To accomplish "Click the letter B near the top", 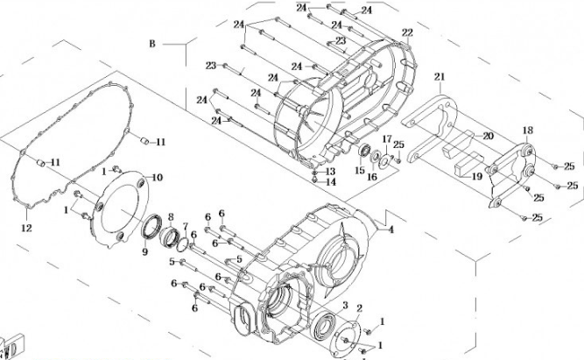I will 151,44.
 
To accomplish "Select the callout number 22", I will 407,33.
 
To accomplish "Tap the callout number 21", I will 439,77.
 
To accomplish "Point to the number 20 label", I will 488,136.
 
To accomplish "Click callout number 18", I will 526,131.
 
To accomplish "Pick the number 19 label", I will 478,176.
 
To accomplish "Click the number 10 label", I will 158,178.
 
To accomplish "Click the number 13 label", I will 331,172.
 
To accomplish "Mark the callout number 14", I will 331,182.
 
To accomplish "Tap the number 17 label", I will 386,140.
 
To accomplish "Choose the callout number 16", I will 372,176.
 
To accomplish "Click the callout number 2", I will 359,309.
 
